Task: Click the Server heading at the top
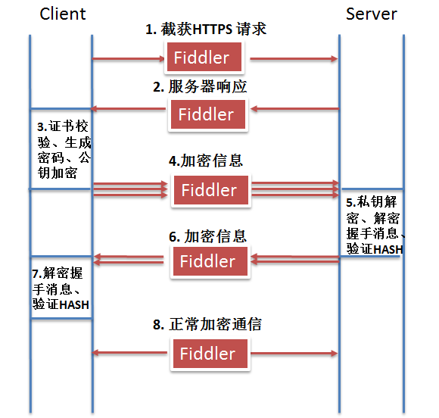[372, 14]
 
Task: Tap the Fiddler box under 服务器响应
[207, 114]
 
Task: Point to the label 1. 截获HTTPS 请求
[206, 30]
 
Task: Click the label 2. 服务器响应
[200, 87]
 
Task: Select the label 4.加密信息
[206, 161]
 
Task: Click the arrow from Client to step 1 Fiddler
[129, 58]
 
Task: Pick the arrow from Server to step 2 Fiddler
[295, 109]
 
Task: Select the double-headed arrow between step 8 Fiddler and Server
[295, 353]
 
